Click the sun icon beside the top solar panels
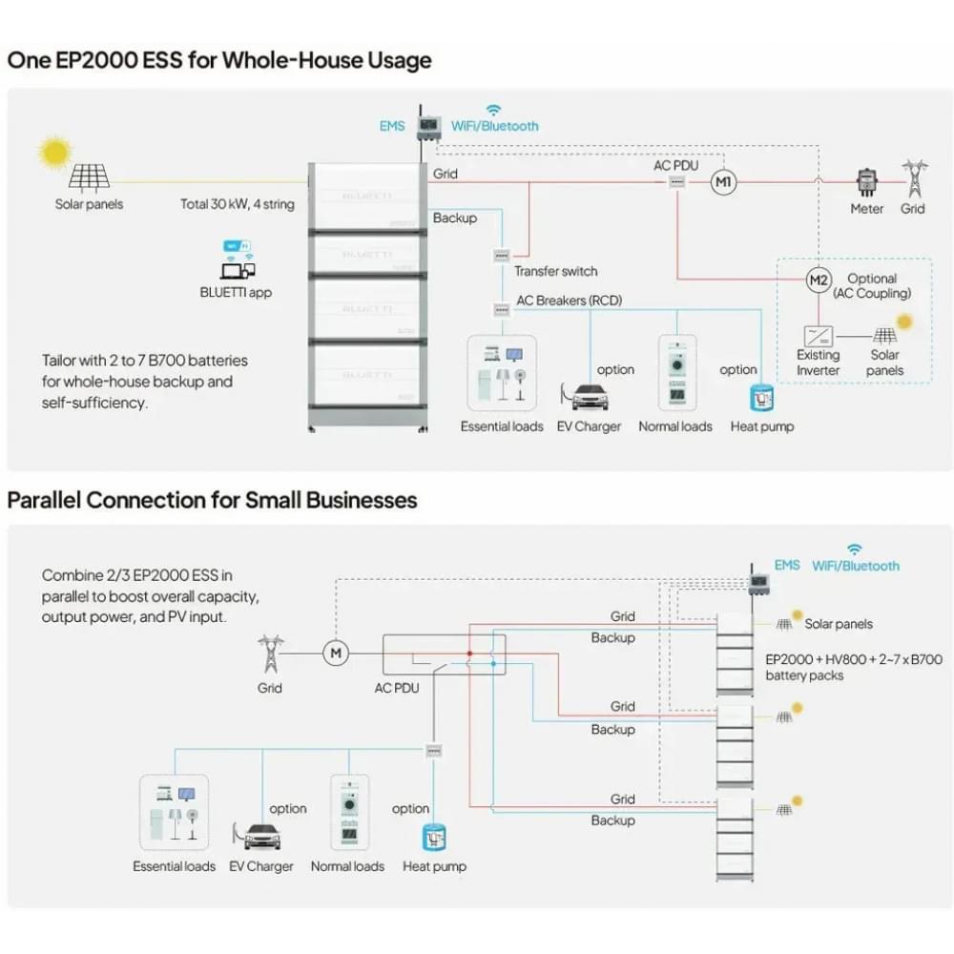54,152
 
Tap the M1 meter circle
723,182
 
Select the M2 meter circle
818,280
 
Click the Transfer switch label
556,271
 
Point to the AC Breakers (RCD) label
569,301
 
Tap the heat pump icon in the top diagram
761,397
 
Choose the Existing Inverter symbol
818,336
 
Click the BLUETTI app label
236,293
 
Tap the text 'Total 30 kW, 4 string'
238,204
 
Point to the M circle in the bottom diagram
335,653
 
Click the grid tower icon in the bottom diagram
270,653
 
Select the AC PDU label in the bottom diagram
397,688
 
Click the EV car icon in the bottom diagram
260,836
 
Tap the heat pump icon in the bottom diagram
435,837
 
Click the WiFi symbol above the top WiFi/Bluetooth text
493,110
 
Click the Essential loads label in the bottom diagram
174,866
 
